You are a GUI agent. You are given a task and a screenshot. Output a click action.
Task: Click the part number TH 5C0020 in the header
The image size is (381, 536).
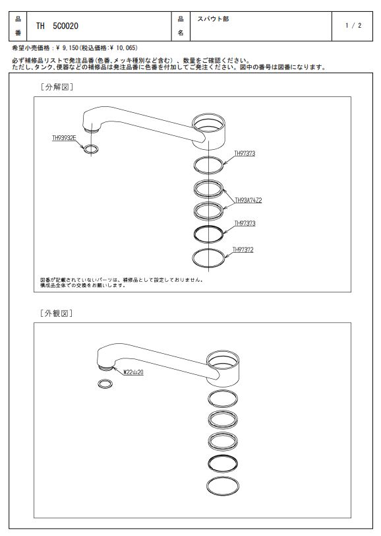point(57,26)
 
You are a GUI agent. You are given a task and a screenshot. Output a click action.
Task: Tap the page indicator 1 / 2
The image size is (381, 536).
point(353,25)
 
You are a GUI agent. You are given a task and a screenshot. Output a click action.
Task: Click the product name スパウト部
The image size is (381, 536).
point(213,18)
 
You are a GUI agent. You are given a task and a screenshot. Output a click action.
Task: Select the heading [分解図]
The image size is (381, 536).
point(56,87)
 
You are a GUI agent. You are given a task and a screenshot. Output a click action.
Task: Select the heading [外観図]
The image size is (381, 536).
point(56,313)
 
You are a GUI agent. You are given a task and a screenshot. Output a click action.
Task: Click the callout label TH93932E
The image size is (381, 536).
point(64,138)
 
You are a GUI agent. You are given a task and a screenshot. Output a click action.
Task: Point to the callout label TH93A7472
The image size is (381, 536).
point(249,200)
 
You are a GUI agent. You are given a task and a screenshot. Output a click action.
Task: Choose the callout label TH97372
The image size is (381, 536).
point(243,250)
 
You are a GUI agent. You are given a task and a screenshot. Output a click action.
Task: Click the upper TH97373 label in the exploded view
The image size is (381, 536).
point(245,154)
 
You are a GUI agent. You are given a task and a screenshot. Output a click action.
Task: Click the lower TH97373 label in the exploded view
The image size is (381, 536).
point(245,224)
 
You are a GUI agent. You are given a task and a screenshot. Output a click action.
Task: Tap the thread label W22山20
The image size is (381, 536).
point(134,372)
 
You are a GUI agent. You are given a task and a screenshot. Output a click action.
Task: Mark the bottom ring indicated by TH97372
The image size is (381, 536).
point(193,257)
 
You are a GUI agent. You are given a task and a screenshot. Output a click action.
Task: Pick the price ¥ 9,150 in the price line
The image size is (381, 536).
point(67,48)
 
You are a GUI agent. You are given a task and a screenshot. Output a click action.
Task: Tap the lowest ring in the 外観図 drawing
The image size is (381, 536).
point(208,486)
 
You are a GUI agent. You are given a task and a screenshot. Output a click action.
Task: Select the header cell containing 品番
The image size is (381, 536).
point(18,26)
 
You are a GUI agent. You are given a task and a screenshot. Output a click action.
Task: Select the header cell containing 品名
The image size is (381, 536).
point(181,26)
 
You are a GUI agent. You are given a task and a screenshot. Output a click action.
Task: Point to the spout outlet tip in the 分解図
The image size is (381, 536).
point(91,129)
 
